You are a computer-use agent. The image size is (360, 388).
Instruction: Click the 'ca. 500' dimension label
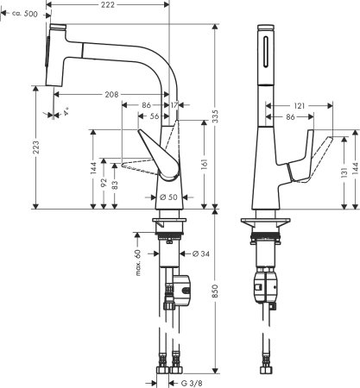pyautogui.click(x=22, y=15)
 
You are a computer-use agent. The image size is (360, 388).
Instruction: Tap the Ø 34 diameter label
pyautogui.click(x=200, y=253)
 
